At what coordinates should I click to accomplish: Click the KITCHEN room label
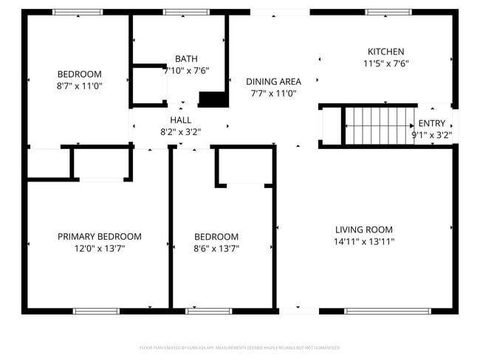pyautogui.click(x=385, y=52)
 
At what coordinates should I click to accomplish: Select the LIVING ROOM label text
pyautogui.click(x=363, y=229)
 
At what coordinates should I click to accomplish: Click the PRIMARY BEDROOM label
pyautogui.click(x=100, y=237)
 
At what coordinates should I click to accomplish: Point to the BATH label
pyautogui.click(x=186, y=59)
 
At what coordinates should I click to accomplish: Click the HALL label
pyautogui.click(x=181, y=120)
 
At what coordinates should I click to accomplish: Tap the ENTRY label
pyautogui.click(x=431, y=123)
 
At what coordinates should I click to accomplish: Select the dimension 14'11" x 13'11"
pyautogui.click(x=363, y=241)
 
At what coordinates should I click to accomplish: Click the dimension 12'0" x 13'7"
pyautogui.click(x=100, y=249)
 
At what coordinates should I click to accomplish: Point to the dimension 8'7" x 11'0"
pyautogui.click(x=80, y=86)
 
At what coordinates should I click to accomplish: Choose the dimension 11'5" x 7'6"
pyautogui.click(x=385, y=63)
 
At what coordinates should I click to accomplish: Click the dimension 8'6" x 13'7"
pyautogui.click(x=216, y=249)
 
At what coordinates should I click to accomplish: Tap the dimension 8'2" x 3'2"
pyautogui.click(x=181, y=132)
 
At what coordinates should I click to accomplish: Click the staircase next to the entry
pyautogui.click(x=377, y=126)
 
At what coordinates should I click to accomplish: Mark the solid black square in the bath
pyautogui.click(x=213, y=100)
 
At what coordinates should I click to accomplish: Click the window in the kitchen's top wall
pyautogui.click(x=388, y=13)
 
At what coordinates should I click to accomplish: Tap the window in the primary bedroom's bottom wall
pyautogui.click(x=96, y=311)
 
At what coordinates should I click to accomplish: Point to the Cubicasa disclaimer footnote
pyautogui.click(x=240, y=347)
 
